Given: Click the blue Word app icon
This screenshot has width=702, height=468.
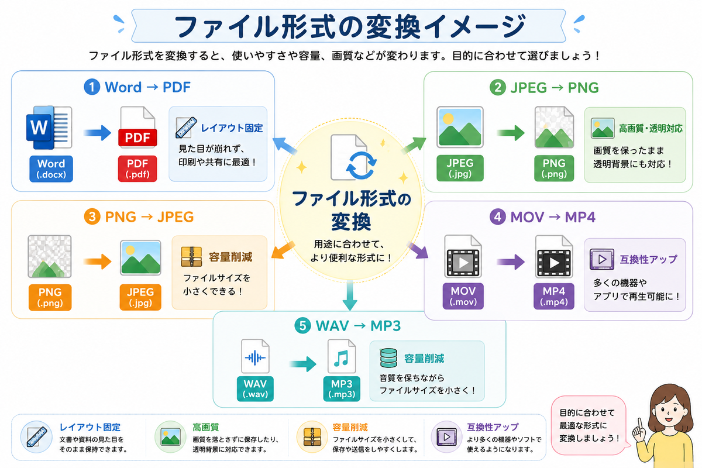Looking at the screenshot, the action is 49,128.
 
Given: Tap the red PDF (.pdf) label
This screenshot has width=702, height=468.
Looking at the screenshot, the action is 137,168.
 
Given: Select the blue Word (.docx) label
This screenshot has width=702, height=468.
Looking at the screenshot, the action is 51,168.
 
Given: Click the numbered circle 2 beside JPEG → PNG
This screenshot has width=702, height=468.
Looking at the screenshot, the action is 498,87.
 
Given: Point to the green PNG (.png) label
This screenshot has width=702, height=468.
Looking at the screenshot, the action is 554,168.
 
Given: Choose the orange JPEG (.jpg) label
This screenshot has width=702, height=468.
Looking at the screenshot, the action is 140,297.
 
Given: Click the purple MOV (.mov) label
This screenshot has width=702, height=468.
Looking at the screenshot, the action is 463,296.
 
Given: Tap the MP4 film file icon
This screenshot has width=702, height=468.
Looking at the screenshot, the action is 554,257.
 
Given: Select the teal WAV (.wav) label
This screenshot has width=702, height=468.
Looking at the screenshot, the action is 255,388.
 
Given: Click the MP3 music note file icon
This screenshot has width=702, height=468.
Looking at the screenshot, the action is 341,356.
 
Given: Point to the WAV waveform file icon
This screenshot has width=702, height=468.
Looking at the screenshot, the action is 255,356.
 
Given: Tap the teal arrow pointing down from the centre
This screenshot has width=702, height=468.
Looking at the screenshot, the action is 350,295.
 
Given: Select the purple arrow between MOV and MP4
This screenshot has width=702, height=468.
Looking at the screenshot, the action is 511,261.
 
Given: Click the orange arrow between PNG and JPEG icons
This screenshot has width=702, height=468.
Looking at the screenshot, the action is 98,261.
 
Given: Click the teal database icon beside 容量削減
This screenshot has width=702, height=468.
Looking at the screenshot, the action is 388,357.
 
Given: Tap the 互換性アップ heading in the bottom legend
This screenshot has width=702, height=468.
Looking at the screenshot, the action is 493,427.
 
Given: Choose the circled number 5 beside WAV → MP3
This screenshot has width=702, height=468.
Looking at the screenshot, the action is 302,326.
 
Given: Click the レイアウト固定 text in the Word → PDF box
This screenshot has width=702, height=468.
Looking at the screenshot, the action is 232,128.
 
